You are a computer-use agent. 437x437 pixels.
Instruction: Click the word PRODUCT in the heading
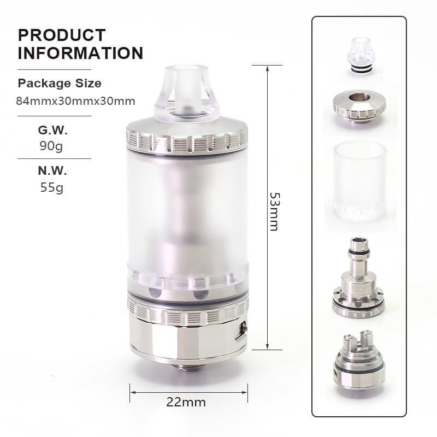(62, 35)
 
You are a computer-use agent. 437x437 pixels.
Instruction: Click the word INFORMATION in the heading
(80, 53)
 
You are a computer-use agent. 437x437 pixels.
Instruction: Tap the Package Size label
(59, 84)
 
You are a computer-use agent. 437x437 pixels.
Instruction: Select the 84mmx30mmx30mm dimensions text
(76, 101)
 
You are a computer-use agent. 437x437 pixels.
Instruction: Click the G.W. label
(52, 131)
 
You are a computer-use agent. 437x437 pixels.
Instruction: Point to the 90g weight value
(52, 146)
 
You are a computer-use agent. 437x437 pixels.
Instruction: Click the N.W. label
(52, 170)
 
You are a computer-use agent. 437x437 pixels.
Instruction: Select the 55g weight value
(52, 187)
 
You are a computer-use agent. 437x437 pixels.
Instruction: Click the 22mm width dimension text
(186, 403)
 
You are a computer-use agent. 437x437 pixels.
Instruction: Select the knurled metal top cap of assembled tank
(187, 139)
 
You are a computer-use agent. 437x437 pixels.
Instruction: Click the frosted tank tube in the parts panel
(359, 180)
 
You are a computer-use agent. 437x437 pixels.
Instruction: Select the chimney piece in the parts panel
(358, 279)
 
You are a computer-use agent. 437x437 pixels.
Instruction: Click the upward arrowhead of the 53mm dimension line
(267, 68)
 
